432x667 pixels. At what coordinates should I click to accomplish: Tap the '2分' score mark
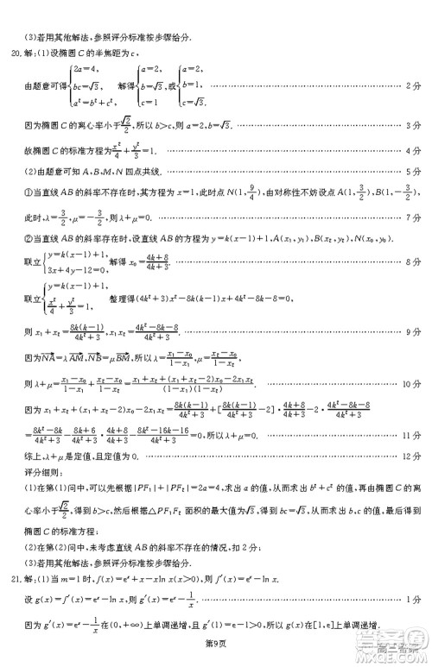tap(414, 86)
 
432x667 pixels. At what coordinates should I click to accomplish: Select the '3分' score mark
tap(414, 126)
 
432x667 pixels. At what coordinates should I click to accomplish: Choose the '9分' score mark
tap(414, 330)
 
